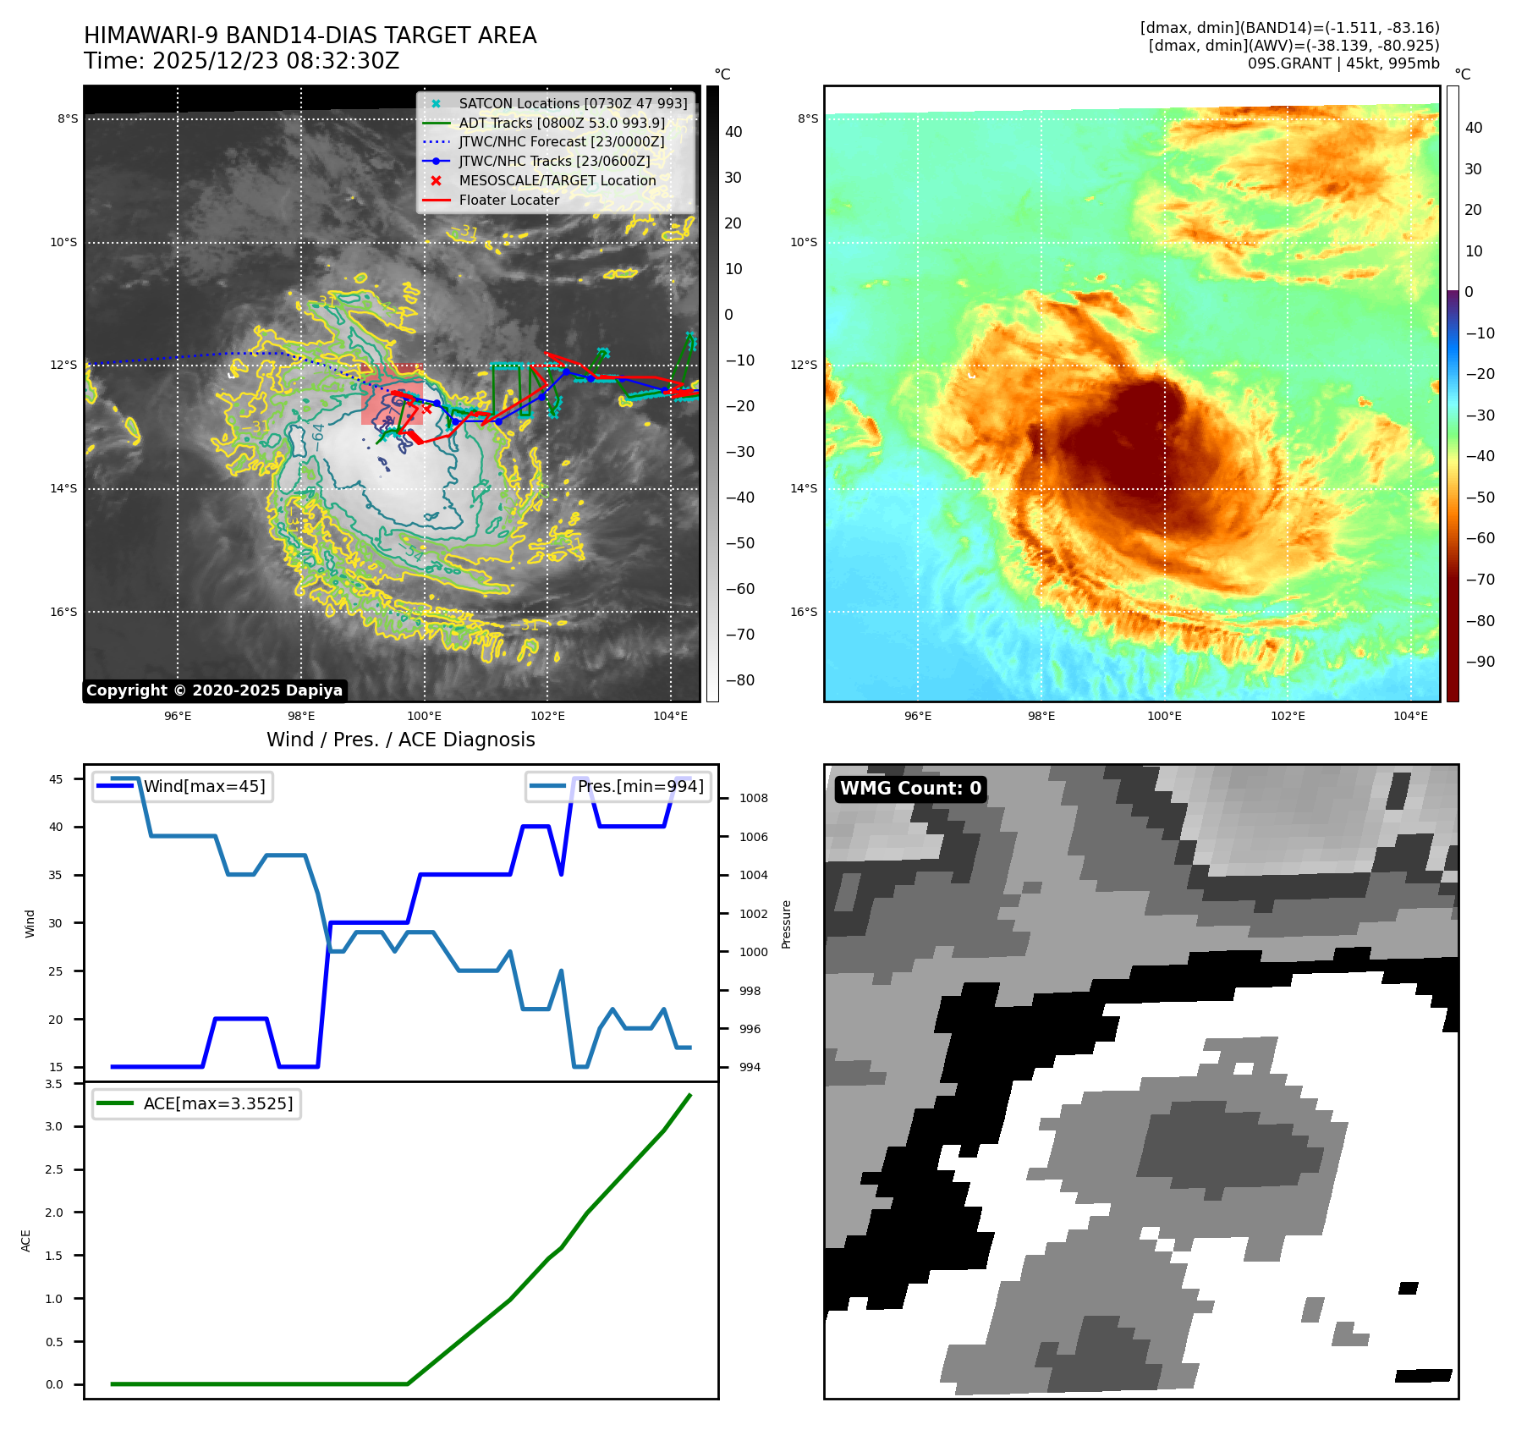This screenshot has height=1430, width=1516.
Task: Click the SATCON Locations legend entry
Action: (x=573, y=103)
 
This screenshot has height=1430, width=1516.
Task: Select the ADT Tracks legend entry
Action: (x=562, y=123)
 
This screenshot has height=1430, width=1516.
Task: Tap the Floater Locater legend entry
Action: (x=508, y=200)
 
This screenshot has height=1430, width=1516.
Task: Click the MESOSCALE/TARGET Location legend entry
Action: (x=557, y=180)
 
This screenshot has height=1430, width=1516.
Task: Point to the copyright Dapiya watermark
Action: (x=214, y=690)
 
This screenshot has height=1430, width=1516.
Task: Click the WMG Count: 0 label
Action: (x=910, y=789)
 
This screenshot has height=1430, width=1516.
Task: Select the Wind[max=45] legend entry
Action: (x=204, y=786)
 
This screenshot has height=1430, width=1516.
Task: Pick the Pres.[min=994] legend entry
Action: (x=640, y=786)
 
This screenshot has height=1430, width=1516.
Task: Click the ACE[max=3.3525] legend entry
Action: (x=217, y=1103)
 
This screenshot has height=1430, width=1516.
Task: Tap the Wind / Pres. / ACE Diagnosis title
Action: (x=400, y=740)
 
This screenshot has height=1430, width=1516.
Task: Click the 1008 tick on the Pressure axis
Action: (x=753, y=798)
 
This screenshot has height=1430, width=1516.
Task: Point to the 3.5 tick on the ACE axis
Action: (x=54, y=1084)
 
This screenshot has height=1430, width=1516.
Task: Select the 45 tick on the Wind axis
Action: (x=56, y=779)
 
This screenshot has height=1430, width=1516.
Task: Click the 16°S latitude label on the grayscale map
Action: (x=63, y=612)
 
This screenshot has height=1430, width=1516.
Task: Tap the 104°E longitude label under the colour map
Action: (x=1410, y=716)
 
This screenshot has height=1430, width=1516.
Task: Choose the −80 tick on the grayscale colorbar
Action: (x=740, y=680)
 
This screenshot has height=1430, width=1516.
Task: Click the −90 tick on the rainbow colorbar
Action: (x=1480, y=662)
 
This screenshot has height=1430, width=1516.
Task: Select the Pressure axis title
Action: (x=787, y=924)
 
